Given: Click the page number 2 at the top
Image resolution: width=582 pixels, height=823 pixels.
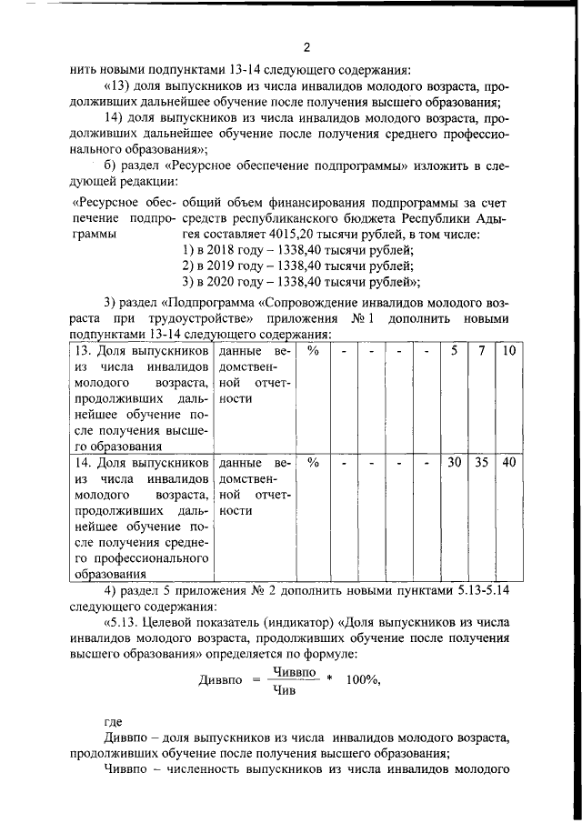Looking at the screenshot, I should [x=306, y=48].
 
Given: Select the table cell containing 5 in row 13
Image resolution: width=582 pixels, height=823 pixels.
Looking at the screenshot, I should [x=455, y=376].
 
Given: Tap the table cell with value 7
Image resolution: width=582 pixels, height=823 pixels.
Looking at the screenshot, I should [x=482, y=376].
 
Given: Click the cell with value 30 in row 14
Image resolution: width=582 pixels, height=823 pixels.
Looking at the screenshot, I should [x=455, y=462].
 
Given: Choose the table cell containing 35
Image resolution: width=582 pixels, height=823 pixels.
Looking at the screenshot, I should [x=482, y=462].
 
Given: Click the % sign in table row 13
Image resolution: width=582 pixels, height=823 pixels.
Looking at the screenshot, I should [x=313, y=376].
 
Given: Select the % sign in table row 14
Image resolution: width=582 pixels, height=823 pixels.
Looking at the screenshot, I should [x=313, y=462].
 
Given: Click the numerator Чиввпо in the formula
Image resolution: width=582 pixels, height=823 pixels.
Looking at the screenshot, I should [x=295, y=671].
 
